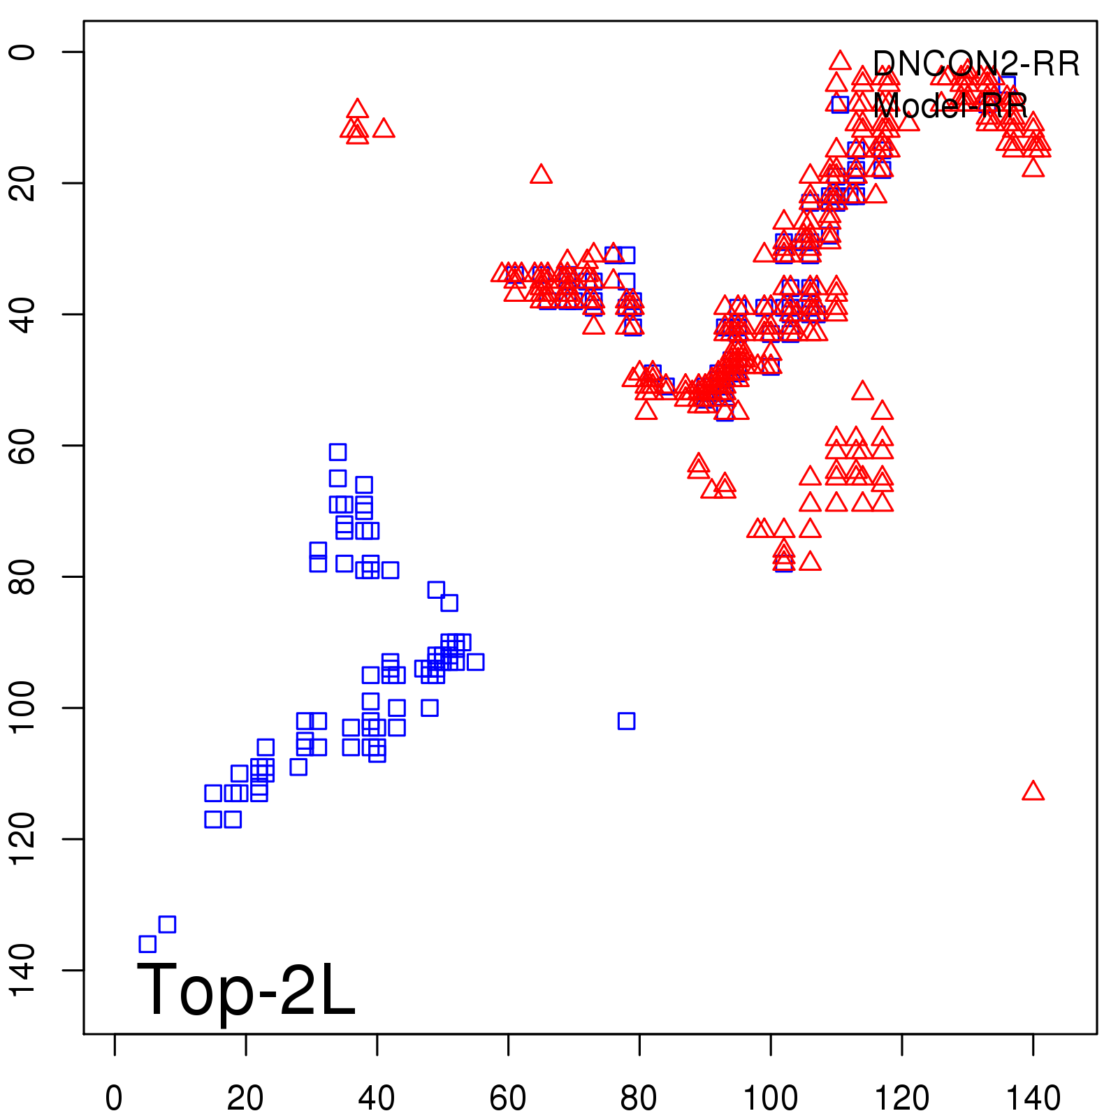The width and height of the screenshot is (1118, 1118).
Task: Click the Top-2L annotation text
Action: [246, 989]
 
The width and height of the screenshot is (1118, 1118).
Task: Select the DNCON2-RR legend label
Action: [976, 64]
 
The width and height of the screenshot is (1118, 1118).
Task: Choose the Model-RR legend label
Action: [950, 106]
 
